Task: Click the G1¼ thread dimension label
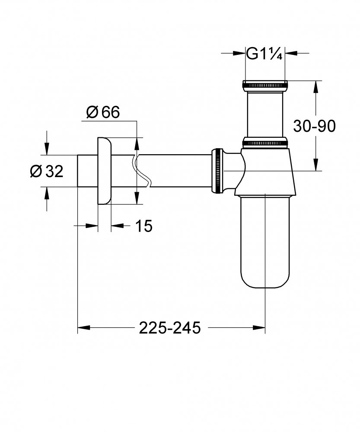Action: pyautogui.click(x=265, y=54)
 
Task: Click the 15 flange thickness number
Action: pyautogui.click(x=144, y=226)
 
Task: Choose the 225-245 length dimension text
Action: pyautogui.click(x=170, y=328)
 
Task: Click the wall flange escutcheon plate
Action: pyautogui.click(x=105, y=171)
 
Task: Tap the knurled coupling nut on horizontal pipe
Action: pyautogui.click(x=217, y=171)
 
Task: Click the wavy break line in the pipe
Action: pyautogui.click(x=140, y=171)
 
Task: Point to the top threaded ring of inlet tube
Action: pyautogui.click(x=265, y=83)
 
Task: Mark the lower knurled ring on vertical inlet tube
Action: pyautogui.click(x=265, y=142)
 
